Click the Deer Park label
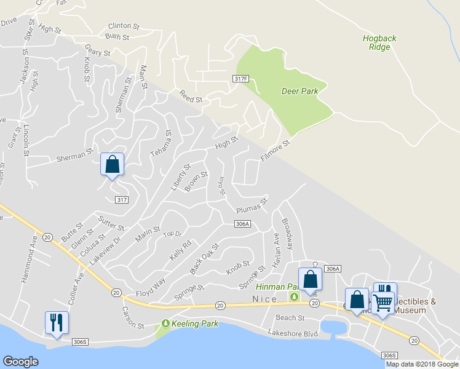(x=299, y=91)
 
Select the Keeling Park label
(x=189, y=323)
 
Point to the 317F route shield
(x=241, y=79)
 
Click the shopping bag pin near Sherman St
(x=112, y=165)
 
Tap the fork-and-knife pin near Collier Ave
(x=57, y=322)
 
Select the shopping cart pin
(x=383, y=302)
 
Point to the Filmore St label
(x=274, y=151)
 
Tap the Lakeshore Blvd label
(x=292, y=333)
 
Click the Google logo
(x=21, y=361)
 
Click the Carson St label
(x=132, y=317)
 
